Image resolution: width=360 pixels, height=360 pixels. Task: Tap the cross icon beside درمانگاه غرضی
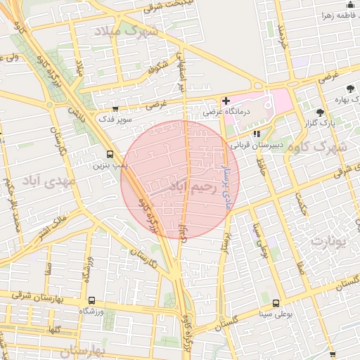point(226,101)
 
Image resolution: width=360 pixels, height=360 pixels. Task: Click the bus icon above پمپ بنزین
point(109,155)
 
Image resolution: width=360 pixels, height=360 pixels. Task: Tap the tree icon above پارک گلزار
point(320,112)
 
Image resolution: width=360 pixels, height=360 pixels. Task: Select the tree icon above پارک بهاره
point(350,89)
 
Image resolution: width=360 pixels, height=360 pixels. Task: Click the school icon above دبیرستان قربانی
point(257,134)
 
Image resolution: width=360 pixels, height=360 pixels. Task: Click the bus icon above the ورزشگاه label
point(91,300)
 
